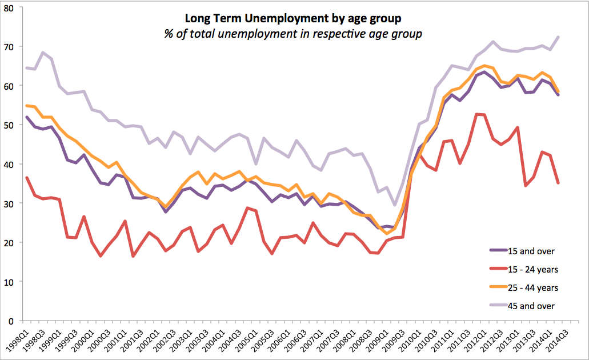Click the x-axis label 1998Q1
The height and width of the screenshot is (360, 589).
(x=19, y=339)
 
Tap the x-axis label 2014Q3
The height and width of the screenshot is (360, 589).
(x=556, y=339)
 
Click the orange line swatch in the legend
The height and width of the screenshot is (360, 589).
(x=499, y=287)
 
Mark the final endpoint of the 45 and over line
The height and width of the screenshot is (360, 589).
(x=558, y=37)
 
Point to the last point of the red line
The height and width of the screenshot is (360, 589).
(x=558, y=183)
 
